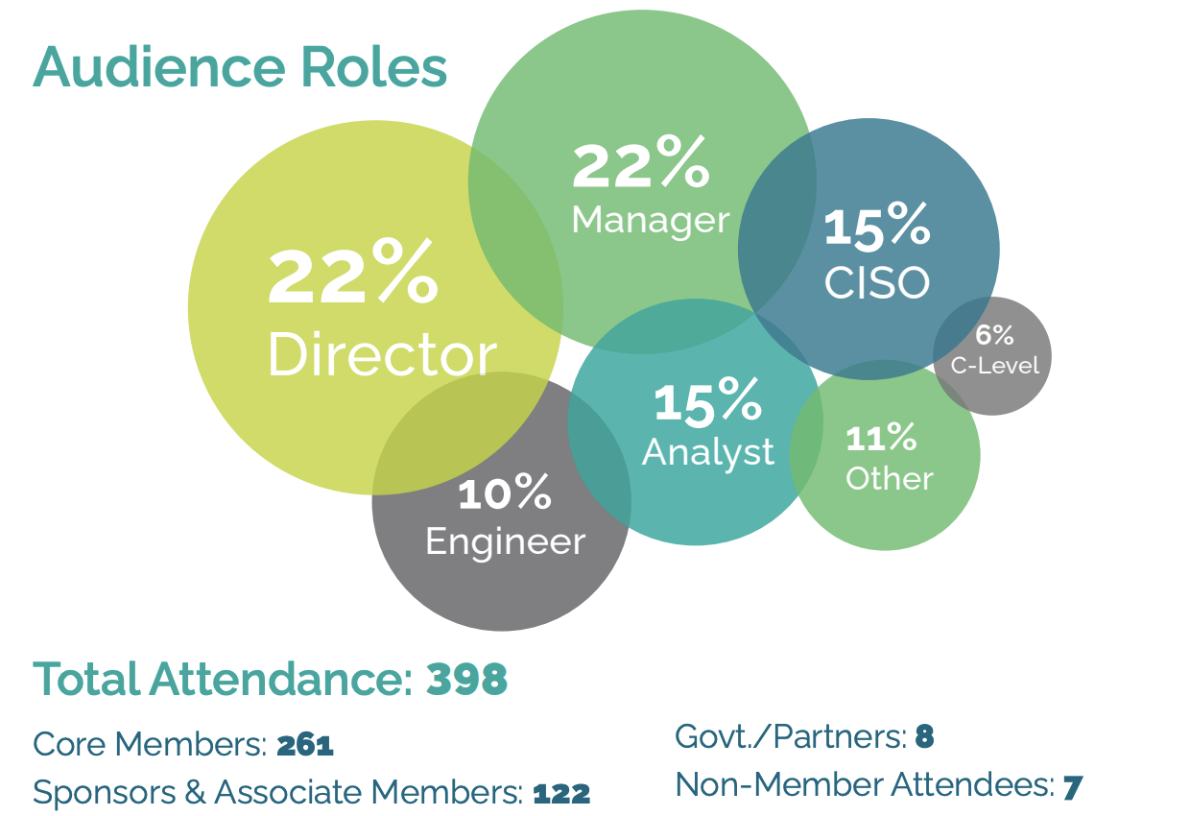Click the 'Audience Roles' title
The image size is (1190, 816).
tap(240, 66)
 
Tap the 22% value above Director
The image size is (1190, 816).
tap(352, 276)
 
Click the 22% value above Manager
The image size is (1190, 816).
tap(640, 165)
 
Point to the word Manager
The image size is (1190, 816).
tap(650, 220)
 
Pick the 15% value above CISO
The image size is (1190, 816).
tap(876, 227)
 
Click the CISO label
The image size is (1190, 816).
tap(877, 282)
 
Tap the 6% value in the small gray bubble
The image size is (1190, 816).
tap(994, 335)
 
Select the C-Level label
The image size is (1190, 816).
tap(994, 366)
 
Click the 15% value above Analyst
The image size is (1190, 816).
tap(707, 403)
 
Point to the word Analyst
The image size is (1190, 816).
tap(707, 451)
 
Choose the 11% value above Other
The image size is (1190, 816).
tap(881, 439)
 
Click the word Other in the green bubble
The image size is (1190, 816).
tap(889, 478)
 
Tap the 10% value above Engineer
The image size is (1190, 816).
tap(504, 494)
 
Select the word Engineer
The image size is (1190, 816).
tap(505, 541)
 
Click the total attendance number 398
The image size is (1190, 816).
tap(466, 680)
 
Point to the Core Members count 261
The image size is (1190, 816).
tap(304, 745)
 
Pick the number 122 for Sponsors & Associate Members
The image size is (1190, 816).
tap(560, 793)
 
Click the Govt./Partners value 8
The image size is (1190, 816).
tap(924, 737)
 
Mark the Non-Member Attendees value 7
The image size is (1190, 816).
tap(1072, 786)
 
